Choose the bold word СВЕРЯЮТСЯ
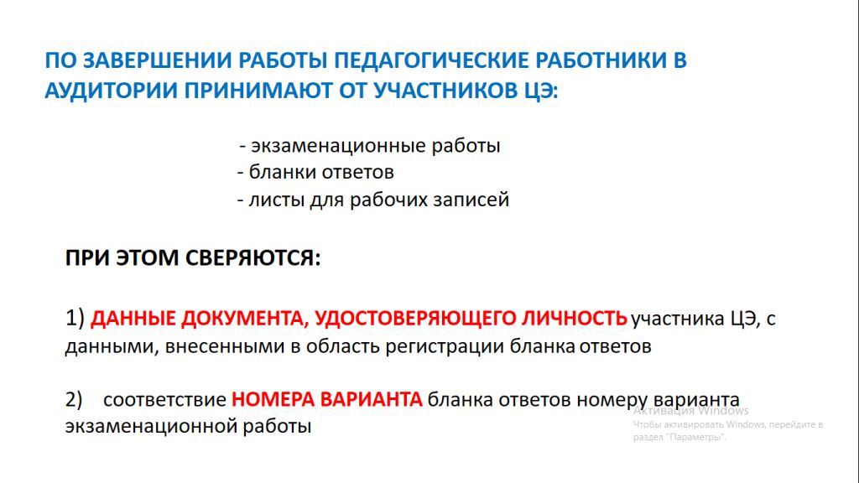pyautogui.click(x=252, y=257)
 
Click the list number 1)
pyautogui.click(x=75, y=318)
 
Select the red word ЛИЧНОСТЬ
pyautogui.click(x=574, y=318)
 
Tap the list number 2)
pyautogui.click(x=74, y=400)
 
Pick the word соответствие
pyautogui.click(x=164, y=400)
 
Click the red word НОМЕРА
pyautogui.click(x=273, y=399)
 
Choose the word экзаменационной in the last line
pyautogui.click(x=151, y=426)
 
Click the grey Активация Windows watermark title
pyautogui.click(x=691, y=411)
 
